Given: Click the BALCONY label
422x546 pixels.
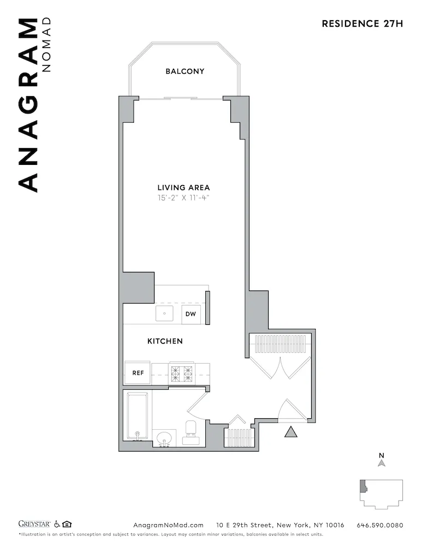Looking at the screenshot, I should click(185, 72).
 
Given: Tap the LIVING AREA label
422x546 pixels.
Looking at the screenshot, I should click(183, 188).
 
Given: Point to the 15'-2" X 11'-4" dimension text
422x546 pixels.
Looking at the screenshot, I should click(183, 198).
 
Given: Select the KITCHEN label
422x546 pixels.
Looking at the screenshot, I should click(165, 341).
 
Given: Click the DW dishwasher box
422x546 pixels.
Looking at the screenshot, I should click(191, 314).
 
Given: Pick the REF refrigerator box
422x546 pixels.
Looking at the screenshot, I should click(138, 373).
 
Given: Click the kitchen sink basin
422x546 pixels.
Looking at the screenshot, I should click(164, 314).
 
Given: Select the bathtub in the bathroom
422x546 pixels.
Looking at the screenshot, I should click(136, 415).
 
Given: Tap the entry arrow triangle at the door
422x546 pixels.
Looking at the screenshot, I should click(291, 432).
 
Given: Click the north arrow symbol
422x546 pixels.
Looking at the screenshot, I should click(382, 462).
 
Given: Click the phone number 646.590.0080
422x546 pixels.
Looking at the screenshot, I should click(379, 525).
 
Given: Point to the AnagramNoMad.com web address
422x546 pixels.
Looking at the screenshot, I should click(169, 525).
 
